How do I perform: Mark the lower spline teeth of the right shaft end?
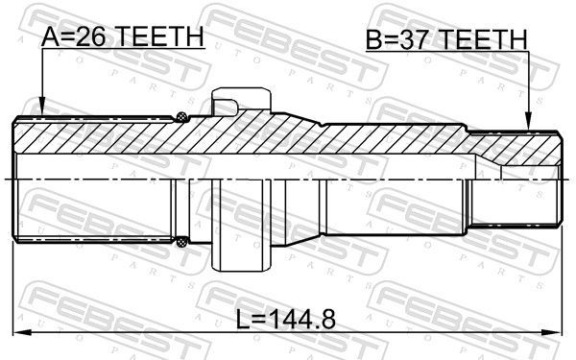[523, 226]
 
